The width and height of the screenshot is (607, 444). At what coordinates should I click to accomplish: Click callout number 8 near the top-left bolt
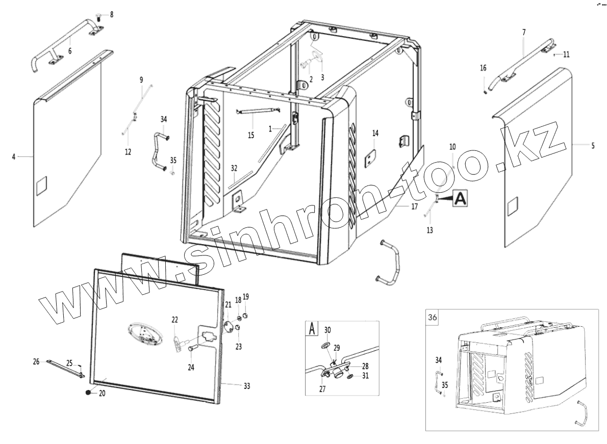click(x=112, y=14)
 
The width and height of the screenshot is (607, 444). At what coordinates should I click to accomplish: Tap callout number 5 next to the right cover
click(x=593, y=146)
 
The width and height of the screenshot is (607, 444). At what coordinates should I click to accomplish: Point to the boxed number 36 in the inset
click(x=432, y=317)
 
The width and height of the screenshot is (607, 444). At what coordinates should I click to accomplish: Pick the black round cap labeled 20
click(x=88, y=393)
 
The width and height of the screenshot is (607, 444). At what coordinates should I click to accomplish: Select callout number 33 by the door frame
click(x=246, y=386)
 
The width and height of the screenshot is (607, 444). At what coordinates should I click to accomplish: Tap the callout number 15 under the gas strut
click(x=251, y=135)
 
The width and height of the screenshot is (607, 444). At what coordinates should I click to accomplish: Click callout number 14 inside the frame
click(x=375, y=134)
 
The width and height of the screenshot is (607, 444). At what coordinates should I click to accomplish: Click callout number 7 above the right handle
click(x=523, y=32)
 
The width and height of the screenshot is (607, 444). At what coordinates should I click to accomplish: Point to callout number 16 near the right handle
click(x=483, y=67)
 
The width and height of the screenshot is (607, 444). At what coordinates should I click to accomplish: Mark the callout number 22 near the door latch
click(x=175, y=320)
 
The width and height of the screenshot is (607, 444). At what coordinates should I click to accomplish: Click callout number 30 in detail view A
click(x=327, y=329)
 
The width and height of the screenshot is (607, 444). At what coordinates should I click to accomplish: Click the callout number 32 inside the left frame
click(x=234, y=168)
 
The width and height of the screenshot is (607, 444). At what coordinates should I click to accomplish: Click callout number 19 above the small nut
click(x=245, y=297)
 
